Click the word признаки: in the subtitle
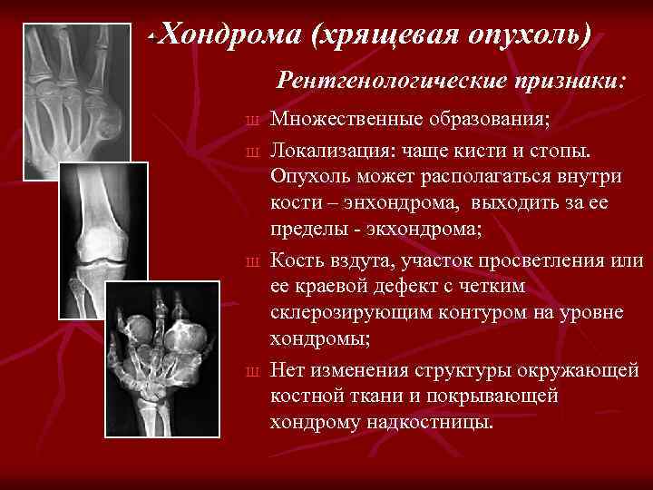(x=565, y=80)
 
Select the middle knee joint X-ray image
(x=103, y=240)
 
